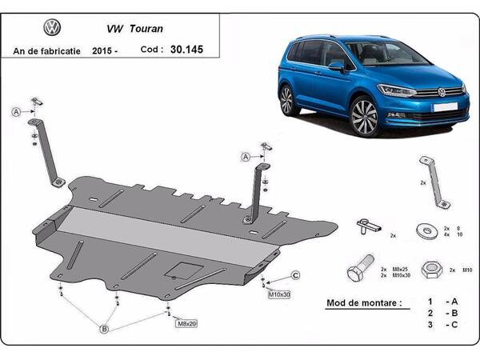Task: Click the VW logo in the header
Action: click(x=52, y=28)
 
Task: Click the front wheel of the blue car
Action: click(x=365, y=117)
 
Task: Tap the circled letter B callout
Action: click(x=103, y=328)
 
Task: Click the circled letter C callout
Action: click(x=294, y=276)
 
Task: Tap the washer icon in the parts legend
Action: click(x=422, y=231)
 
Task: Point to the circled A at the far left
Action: click(x=16, y=113)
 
